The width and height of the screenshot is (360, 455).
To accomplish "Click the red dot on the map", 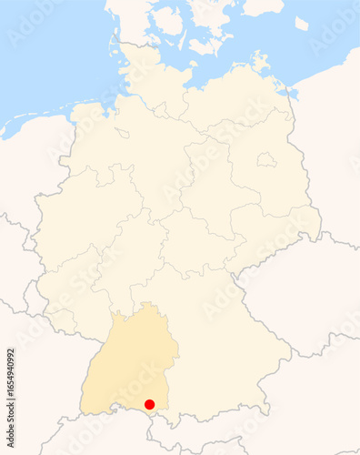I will pos(150,404).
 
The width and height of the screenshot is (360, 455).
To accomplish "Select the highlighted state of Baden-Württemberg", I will pos(127,364).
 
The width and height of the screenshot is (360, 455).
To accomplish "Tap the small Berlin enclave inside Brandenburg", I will pos(265,159).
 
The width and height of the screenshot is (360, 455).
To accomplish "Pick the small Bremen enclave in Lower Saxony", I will pos(121,133).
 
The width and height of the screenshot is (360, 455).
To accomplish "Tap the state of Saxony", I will pos(273,227).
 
